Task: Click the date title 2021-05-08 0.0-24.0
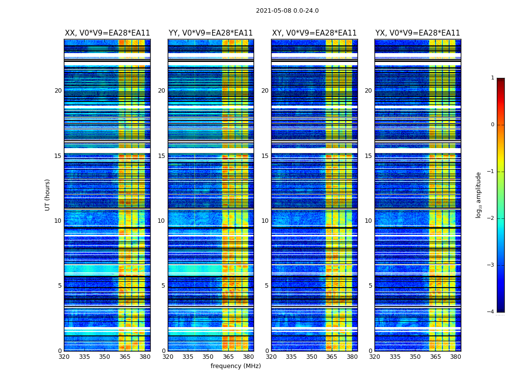click(287, 11)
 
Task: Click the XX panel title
click(107, 33)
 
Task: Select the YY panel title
click(211, 33)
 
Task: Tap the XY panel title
click(315, 33)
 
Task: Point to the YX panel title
click(417, 33)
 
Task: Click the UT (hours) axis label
click(48, 195)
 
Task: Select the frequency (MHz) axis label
click(236, 366)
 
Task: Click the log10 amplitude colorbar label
click(479, 195)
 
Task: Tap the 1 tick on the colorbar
click(492, 78)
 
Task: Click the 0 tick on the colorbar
click(492, 125)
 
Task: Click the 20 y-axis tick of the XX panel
click(58, 91)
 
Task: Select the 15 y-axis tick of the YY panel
click(161, 156)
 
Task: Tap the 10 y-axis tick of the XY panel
click(265, 221)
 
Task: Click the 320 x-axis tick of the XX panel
click(64, 357)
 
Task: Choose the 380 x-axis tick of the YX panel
click(455, 357)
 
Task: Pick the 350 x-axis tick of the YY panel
click(208, 357)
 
